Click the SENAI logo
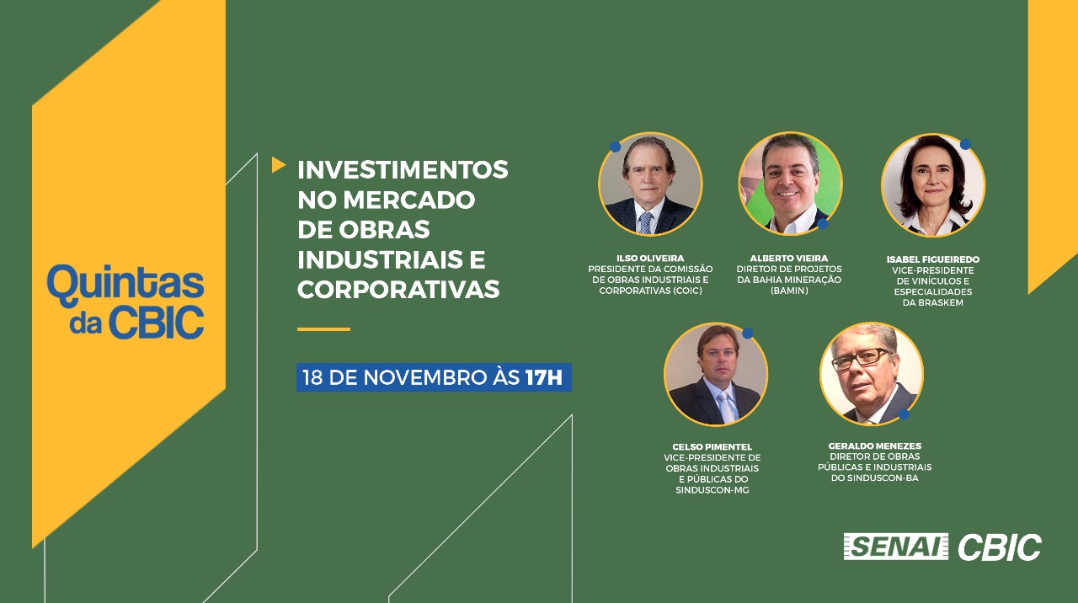point(895,547)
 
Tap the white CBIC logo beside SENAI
point(1000,547)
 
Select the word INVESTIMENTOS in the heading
point(403,170)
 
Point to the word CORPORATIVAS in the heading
point(398,289)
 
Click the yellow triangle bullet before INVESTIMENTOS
point(278,164)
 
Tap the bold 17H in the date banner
point(543,377)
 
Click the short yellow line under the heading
point(323,329)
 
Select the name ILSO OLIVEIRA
point(650,259)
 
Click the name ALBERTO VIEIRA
point(789,259)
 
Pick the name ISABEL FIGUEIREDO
point(932,259)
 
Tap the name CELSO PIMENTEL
point(712,447)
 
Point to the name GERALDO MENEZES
point(875,446)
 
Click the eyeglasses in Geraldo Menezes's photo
point(861,359)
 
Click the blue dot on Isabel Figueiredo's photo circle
point(965,144)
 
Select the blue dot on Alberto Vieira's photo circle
point(823,224)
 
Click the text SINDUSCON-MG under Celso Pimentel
point(712,490)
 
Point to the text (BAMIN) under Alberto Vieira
point(789,291)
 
